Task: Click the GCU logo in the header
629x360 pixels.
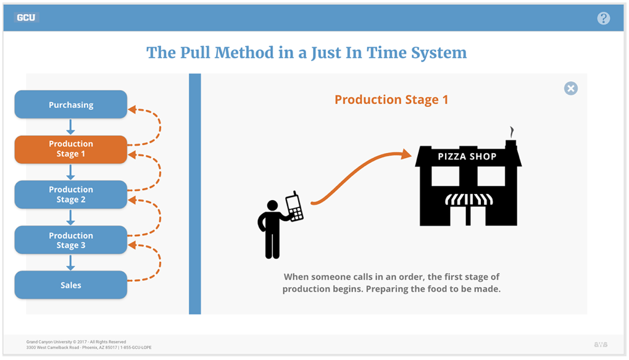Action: (26, 17)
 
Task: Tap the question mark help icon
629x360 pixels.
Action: (603, 18)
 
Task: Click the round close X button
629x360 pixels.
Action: (571, 88)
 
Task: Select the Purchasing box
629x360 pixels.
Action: (71, 104)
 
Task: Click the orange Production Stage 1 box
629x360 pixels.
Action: (71, 149)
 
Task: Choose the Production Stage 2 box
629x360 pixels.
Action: (71, 195)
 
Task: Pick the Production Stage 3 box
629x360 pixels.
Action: (71, 240)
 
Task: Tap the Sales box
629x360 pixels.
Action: (71, 285)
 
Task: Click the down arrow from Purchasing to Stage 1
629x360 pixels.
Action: (71, 127)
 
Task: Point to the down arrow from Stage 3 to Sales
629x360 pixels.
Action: (71, 262)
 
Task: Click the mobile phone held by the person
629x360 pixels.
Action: (294, 206)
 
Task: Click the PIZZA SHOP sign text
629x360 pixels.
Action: (467, 156)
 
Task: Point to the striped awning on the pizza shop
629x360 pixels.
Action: (469, 199)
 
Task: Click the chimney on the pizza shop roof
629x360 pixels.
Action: (511, 144)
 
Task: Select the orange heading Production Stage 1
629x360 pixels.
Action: (391, 99)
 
